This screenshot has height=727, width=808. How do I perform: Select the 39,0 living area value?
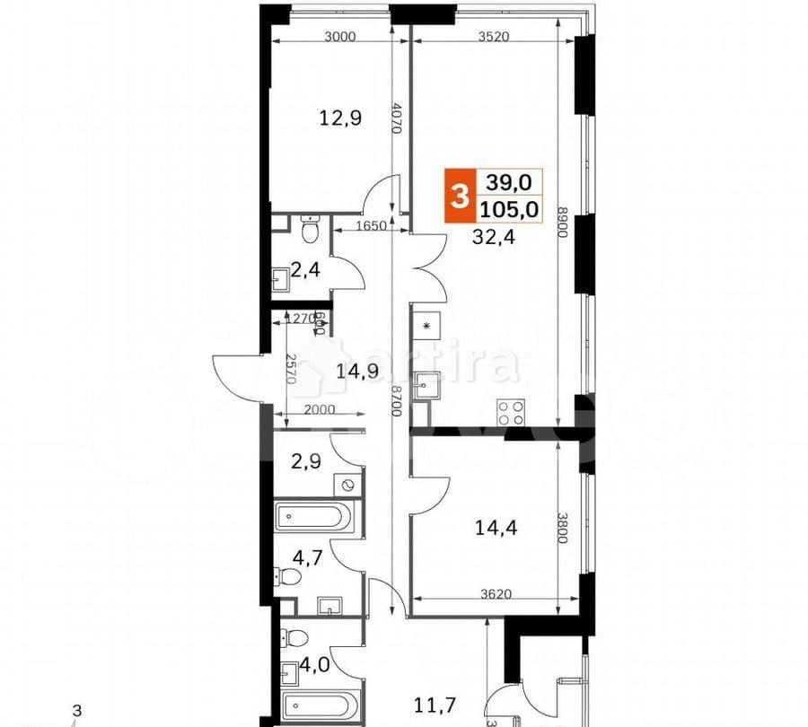(x=509, y=182)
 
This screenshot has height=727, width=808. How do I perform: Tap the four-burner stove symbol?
(x=512, y=412)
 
